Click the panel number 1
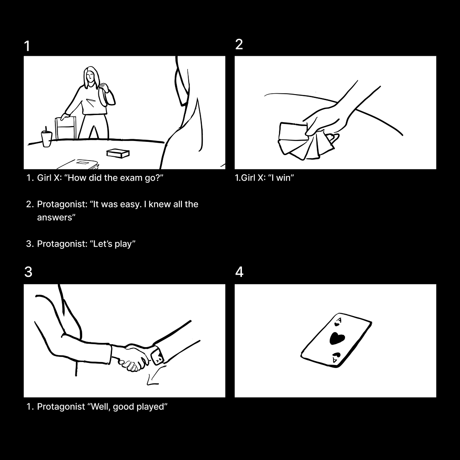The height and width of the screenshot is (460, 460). pos(27,46)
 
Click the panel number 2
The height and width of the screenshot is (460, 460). pos(239,44)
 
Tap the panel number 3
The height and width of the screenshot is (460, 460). pos(28,272)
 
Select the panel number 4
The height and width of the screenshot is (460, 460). pos(239,272)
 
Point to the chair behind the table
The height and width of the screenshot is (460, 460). pos(65,128)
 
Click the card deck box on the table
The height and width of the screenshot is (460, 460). pos(118,153)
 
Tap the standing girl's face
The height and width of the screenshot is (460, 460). pos(91,77)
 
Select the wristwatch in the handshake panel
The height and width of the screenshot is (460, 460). pos(157,356)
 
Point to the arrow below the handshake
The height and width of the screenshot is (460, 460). pos(155,376)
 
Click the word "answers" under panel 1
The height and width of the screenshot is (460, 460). pos(55,218)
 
